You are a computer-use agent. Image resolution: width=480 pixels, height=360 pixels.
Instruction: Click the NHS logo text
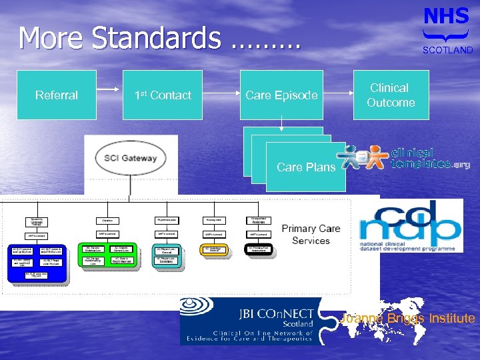pyautogui.click(x=446, y=16)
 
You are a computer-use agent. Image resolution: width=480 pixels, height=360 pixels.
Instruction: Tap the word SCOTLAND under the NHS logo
pyautogui.click(x=447, y=50)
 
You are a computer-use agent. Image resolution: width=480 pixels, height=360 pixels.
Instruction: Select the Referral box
pyautogui.click(x=57, y=95)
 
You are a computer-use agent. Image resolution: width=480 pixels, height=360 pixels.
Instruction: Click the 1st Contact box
pyautogui.click(x=162, y=95)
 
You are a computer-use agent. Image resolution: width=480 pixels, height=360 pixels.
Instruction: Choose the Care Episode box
pyautogui.click(x=281, y=95)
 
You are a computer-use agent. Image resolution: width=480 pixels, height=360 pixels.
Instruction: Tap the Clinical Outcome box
pyautogui.click(x=391, y=95)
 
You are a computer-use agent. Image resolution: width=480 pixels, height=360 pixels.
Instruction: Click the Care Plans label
pyautogui.click(x=305, y=167)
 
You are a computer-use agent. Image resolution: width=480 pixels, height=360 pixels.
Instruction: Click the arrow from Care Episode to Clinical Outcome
pyautogui.click(x=337, y=95)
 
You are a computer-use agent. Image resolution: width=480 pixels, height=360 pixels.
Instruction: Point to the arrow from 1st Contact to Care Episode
pyautogui.click(x=221, y=95)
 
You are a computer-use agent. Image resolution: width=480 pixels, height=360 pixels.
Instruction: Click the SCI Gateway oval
pyautogui.click(x=131, y=159)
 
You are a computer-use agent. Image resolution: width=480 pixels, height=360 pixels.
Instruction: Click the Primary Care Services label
pyautogui.click(x=311, y=234)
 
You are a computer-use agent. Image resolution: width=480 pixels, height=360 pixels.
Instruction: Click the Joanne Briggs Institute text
pyautogui.click(x=407, y=319)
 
